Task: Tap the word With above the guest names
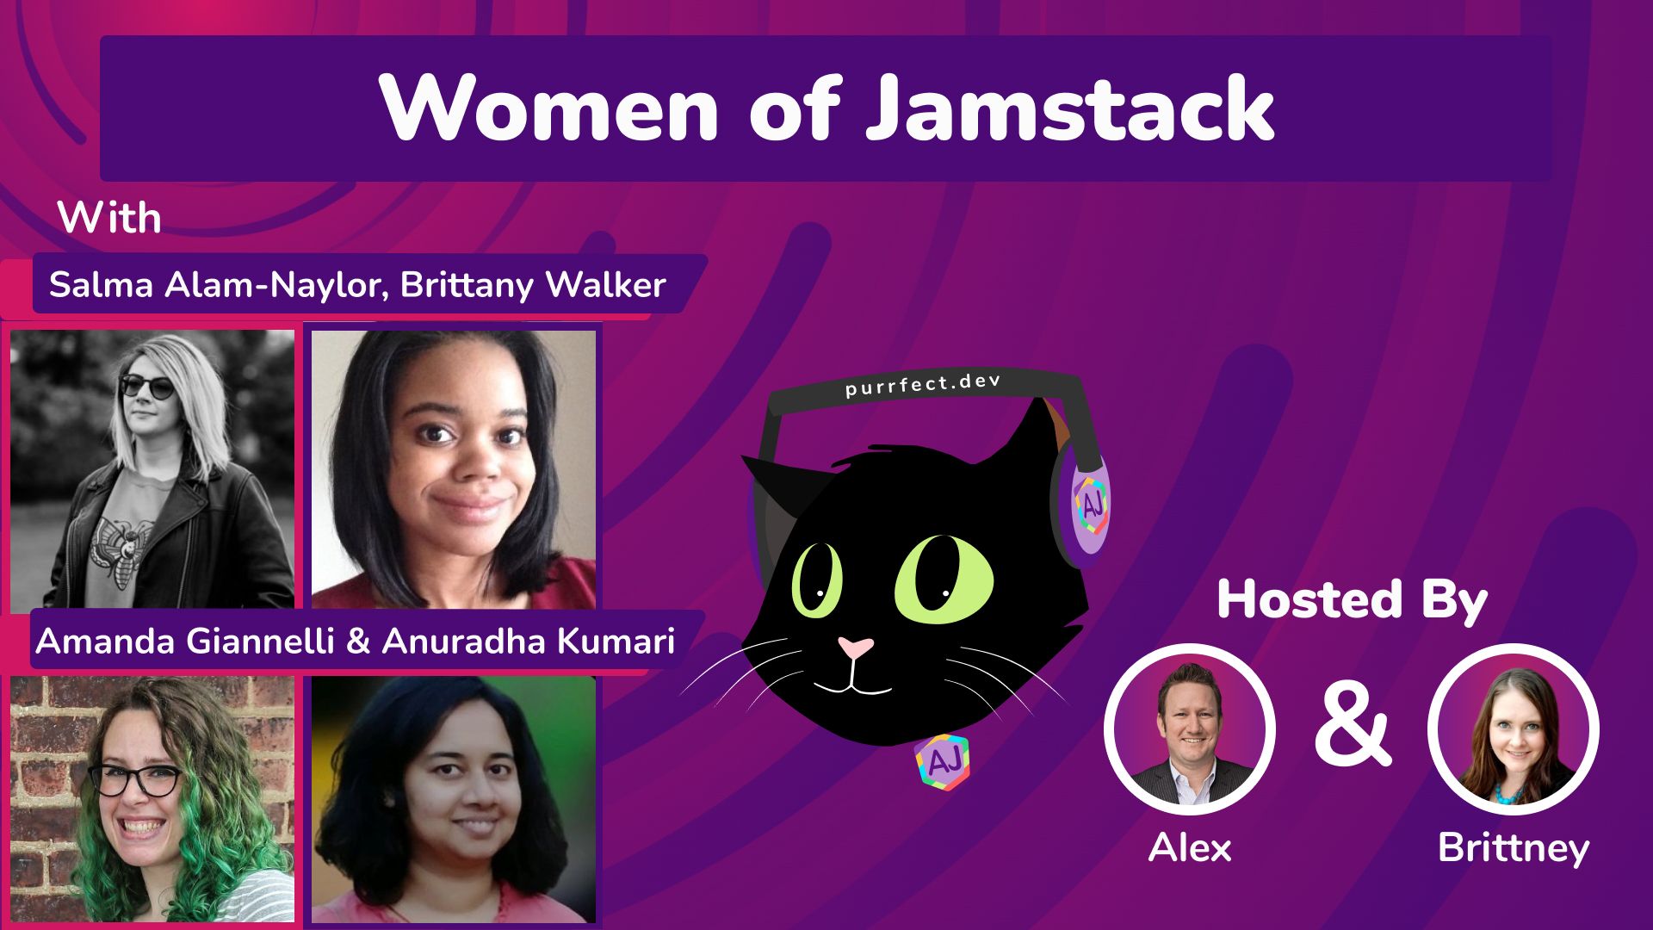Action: point(109,218)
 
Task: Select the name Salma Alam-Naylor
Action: point(212,285)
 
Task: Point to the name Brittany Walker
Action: point(533,285)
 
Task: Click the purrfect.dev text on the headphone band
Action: point(923,384)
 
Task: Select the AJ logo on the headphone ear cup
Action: point(1090,503)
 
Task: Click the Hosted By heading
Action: point(1352,600)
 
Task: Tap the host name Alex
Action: point(1190,848)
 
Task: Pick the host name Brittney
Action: point(1513,848)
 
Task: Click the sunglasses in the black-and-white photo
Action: point(143,385)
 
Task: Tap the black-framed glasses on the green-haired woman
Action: point(136,780)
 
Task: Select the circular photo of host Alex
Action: point(1189,729)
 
